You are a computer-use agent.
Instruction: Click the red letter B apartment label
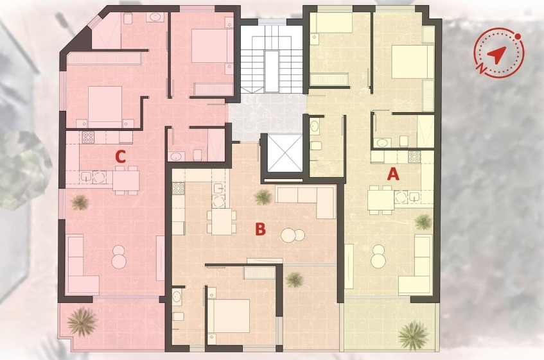coord(260,228)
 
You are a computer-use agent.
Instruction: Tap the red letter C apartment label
coord(120,155)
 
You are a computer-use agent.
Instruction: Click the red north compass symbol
coord(498,54)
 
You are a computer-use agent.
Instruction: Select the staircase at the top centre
coord(271,61)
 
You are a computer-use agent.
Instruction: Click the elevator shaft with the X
coord(283,153)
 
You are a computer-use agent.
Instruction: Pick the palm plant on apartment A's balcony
coord(413,334)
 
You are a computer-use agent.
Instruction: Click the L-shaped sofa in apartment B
coord(309,200)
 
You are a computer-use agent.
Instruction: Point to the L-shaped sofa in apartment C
coord(80,264)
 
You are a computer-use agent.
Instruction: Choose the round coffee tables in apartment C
coord(119,257)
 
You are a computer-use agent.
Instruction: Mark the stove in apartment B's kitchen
coord(178,189)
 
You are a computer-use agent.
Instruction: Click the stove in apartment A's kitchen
coord(415,156)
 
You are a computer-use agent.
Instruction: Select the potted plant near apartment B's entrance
coord(263,196)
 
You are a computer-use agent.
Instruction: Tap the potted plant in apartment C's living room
coord(80,203)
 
